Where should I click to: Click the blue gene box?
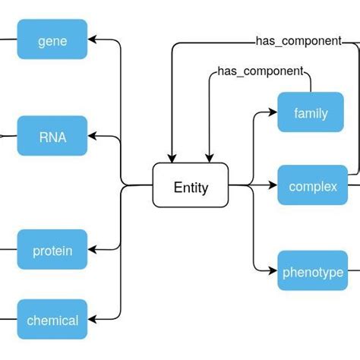52,40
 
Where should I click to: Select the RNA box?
52,137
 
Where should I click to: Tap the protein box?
52,249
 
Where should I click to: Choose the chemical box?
52,320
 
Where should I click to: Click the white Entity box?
191,185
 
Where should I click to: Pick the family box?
310,113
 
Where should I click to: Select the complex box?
312,185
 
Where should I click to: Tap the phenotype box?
312,271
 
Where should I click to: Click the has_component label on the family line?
260,71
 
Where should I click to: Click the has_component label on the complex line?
298,41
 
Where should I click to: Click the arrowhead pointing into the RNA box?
93,137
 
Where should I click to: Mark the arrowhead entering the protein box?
93,249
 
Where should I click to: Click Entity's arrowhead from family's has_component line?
210,158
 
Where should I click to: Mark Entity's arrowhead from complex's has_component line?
172,158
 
